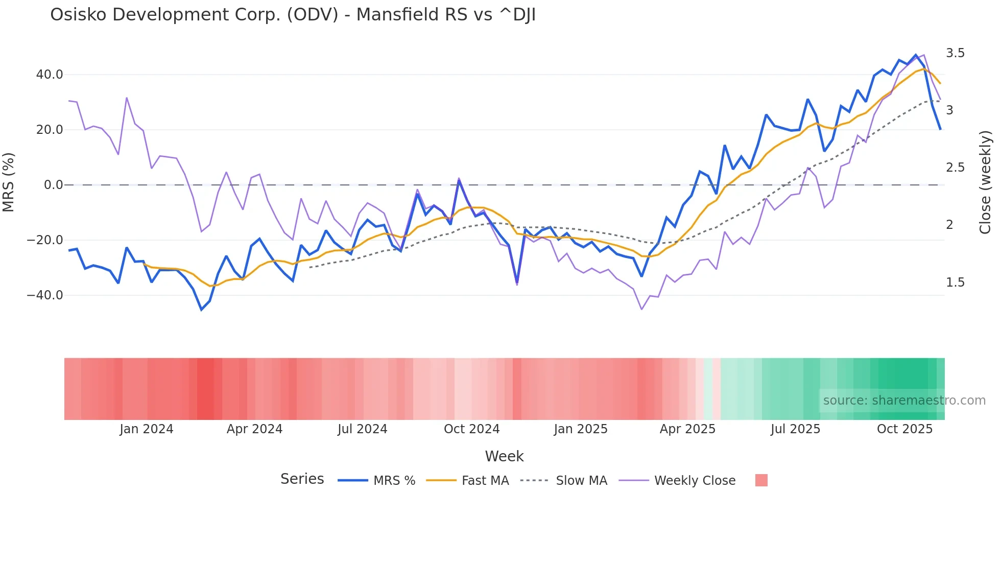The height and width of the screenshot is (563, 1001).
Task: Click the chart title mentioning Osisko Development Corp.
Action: pyautogui.click(x=293, y=15)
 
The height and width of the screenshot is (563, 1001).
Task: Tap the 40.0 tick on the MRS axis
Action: pyautogui.click(x=50, y=75)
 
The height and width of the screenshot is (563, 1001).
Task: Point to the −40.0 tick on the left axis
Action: pyautogui.click(x=45, y=295)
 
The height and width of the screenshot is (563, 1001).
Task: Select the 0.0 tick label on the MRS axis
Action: pyautogui.click(x=53, y=185)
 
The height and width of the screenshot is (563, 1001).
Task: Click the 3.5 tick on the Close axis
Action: pyautogui.click(x=955, y=53)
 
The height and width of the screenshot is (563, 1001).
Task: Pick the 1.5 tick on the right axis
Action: pyautogui.click(x=955, y=283)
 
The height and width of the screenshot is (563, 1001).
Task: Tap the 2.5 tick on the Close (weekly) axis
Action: pyautogui.click(x=955, y=168)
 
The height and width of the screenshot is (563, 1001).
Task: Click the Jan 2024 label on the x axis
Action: pyautogui.click(x=147, y=429)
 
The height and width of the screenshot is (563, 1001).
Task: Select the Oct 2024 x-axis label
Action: pyautogui.click(x=471, y=429)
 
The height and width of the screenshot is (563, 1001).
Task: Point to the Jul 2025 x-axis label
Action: pyautogui.click(x=795, y=429)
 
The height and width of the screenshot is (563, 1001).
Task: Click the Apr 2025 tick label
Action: pyautogui.click(x=687, y=429)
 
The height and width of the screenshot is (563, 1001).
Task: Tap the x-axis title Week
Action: pyautogui.click(x=504, y=456)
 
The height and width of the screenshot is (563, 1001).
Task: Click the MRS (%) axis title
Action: pyautogui.click(x=9, y=182)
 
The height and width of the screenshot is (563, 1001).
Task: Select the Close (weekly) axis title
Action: pyautogui.click(x=985, y=182)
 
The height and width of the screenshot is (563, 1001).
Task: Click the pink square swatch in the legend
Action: pyautogui.click(x=761, y=480)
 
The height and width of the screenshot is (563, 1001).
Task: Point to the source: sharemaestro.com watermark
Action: pyautogui.click(x=904, y=401)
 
